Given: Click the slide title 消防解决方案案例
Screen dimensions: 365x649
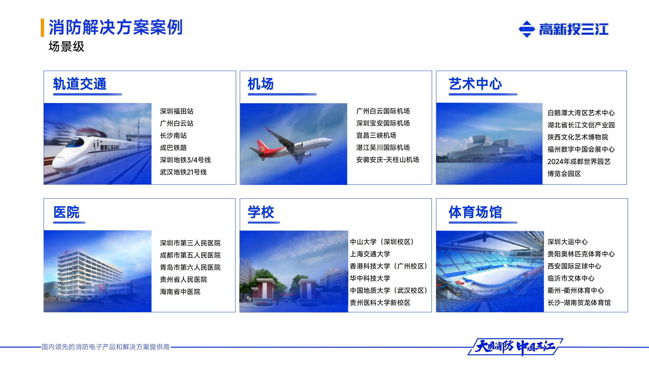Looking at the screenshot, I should (115, 27).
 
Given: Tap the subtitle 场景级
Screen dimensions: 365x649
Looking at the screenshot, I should (66, 47).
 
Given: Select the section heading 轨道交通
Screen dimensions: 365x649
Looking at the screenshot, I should (80, 84).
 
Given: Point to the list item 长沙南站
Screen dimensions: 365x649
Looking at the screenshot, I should (173, 135).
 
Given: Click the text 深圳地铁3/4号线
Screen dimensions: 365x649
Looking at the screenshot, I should (185, 160).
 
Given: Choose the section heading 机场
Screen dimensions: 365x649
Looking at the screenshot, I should (260, 84).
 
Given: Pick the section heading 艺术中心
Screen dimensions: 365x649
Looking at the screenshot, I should (475, 84).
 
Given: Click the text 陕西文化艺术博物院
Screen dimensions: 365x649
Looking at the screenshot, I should (577, 137).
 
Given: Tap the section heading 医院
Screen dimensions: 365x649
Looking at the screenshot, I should (67, 212).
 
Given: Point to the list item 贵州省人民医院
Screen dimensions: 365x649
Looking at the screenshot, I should (183, 280).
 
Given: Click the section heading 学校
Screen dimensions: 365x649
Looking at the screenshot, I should (261, 212).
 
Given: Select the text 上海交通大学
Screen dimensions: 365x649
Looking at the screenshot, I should (370, 254).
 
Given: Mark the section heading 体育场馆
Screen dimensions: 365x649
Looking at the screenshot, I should (475, 212).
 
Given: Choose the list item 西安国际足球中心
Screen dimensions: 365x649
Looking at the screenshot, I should (574, 266).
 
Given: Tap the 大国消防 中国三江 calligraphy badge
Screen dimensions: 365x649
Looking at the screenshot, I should (515, 347).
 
